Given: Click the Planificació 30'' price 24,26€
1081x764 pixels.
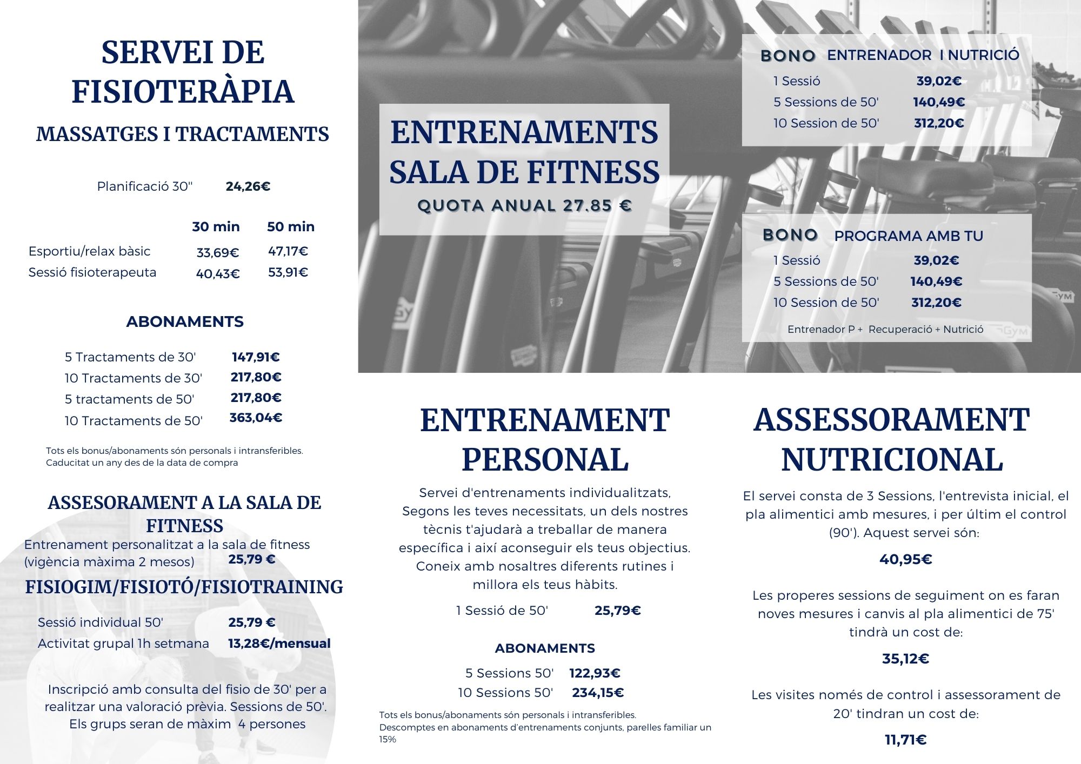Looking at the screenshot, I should pyautogui.click(x=248, y=186).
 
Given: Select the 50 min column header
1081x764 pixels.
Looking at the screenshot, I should pyautogui.click(x=290, y=226).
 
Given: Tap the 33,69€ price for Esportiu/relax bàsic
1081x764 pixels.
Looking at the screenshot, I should pyautogui.click(x=217, y=252).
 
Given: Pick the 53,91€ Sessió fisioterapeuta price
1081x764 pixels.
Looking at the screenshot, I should pyautogui.click(x=288, y=272).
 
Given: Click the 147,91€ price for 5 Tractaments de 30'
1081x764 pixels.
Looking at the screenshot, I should pyautogui.click(x=256, y=357).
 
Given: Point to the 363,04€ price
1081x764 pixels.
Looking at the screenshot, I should pyautogui.click(x=256, y=418).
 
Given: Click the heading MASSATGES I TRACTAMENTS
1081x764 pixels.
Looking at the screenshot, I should pyautogui.click(x=182, y=134).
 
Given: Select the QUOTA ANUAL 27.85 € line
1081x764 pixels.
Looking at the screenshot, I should pyautogui.click(x=524, y=206).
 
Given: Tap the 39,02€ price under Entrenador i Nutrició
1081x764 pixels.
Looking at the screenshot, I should pyautogui.click(x=939, y=81).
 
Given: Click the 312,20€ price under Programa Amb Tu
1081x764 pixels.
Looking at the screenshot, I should pyautogui.click(x=936, y=303).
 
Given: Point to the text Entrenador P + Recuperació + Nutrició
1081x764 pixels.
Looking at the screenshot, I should pyautogui.click(x=885, y=329).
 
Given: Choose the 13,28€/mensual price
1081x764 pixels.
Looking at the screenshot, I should pyautogui.click(x=279, y=644).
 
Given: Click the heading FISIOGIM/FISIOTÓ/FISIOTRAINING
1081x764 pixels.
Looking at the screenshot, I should pyautogui.click(x=184, y=587).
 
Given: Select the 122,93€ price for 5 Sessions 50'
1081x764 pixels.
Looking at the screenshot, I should pyautogui.click(x=595, y=673).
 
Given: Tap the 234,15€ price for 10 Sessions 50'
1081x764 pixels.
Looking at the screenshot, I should pyautogui.click(x=598, y=693).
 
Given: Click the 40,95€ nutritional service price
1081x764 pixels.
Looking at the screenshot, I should pyautogui.click(x=905, y=559).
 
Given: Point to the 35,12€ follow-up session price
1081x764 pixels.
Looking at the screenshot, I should pyautogui.click(x=905, y=659).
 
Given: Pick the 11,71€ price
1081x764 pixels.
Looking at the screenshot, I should pyautogui.click(x=905, y=740).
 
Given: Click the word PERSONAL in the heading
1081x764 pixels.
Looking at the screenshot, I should pyautogui.click(x=545, y=460).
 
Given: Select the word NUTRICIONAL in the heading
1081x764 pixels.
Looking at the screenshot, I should pyautogui.click(x=892, y=460).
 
